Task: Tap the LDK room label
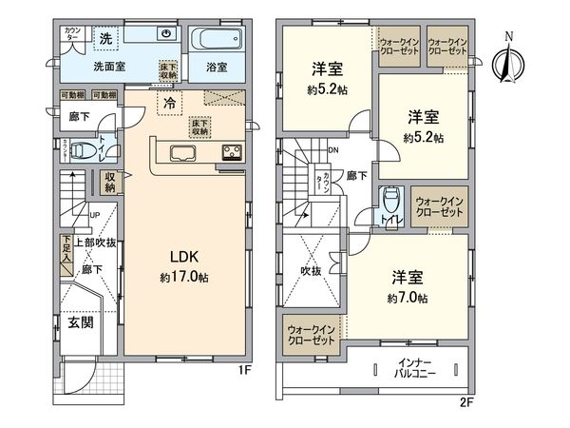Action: click(183, 257)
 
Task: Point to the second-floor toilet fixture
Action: click(389, 203)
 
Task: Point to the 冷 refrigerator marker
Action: click(169, 102)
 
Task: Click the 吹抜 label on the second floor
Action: click(313, 271)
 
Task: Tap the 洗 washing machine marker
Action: click(106, 37)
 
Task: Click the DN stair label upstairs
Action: click(334, 150)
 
